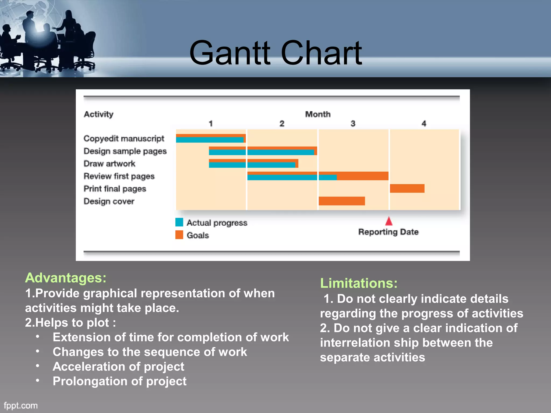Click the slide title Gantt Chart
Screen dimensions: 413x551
point(275,53)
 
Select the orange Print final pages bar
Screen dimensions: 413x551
point(407,188)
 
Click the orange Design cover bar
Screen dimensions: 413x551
point(342,201)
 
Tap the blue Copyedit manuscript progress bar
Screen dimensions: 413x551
point(210,140)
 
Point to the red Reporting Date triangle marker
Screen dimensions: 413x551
point(389,221)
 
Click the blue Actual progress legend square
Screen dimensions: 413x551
point(179,222)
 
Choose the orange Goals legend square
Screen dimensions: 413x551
point(179,235)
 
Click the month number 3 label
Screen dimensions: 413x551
point(353,123)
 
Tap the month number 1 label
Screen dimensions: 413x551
point(211,123)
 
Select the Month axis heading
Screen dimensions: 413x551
point(318,114)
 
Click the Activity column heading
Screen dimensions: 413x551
point(99,114)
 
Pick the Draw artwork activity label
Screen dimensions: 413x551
point(110,163)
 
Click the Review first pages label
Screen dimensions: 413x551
point(119,176)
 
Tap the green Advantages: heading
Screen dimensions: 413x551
point(66,278)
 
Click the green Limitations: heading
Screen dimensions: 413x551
point(359,283)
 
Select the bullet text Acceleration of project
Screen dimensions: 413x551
point(118,366)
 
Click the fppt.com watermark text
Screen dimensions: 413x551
point(21,405)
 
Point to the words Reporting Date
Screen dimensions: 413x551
point(388,232)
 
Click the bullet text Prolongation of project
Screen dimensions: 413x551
point(119,381)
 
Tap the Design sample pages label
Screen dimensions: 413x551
point(125,151)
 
